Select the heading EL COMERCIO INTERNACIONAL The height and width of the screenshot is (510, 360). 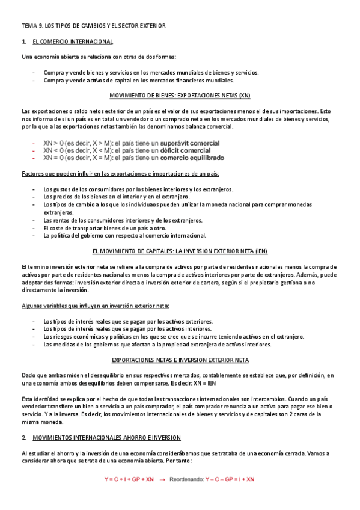72,41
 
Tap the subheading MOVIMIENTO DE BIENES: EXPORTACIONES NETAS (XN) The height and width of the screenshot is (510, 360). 180,96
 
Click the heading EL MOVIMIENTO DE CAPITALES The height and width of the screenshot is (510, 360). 180,251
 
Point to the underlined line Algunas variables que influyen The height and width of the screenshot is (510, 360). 96,306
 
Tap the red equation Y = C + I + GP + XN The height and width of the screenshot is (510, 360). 129,479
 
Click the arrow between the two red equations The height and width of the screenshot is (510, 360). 162,479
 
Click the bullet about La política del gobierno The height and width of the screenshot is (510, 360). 125,236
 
